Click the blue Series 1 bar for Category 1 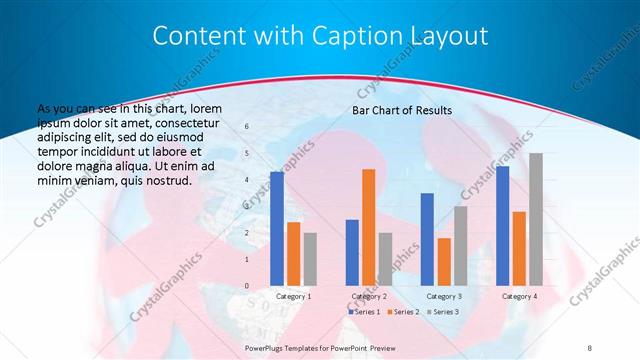276,229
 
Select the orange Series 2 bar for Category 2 368,227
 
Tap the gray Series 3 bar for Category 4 535,219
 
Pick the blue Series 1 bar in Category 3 427,239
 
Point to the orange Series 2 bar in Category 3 444,262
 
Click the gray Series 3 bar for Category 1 310,259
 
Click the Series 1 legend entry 365,312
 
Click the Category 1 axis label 293,297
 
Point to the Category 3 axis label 444,297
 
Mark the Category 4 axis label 519,297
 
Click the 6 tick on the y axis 247,127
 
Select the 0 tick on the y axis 247,287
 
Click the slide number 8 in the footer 590,345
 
